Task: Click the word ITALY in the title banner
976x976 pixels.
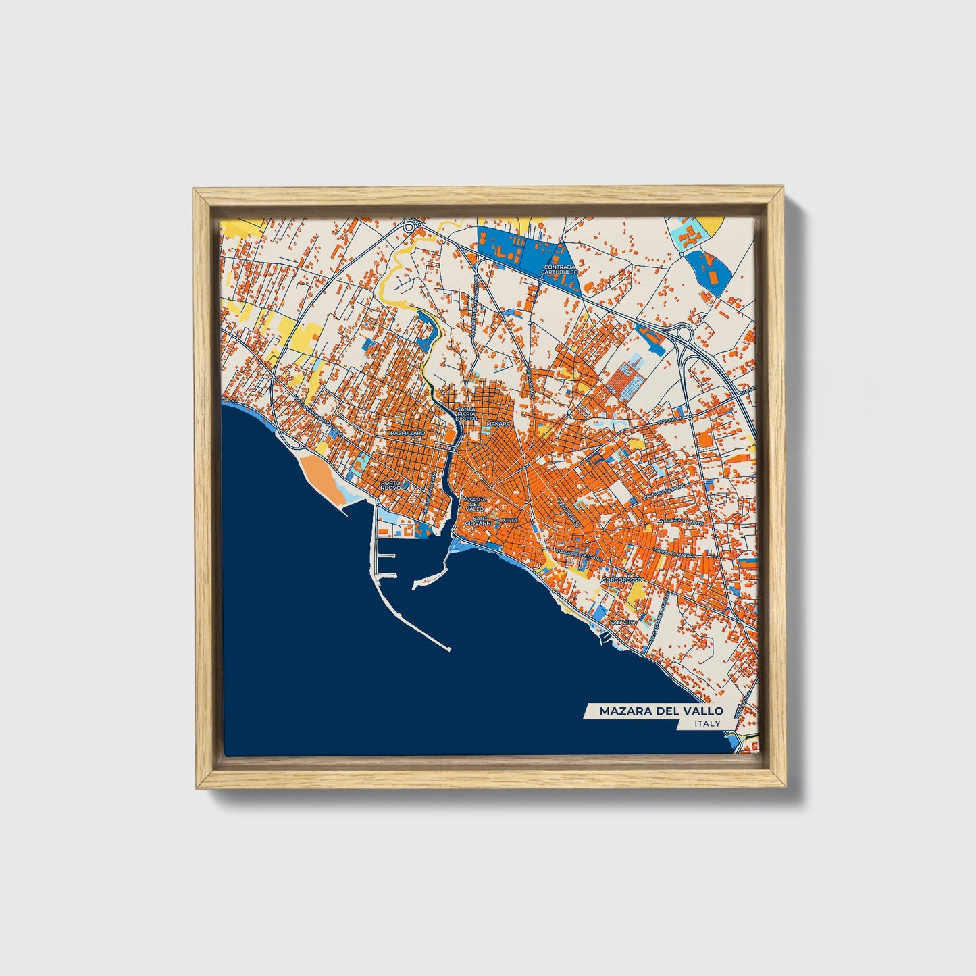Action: coord(707,723)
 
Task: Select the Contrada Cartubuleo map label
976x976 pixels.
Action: coord(560,269)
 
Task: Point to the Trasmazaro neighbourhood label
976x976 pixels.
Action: coord(406,432)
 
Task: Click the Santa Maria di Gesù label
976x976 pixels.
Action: coord(467,414)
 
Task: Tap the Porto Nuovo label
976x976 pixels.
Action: coord(391,485)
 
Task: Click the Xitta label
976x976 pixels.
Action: coord(510,520)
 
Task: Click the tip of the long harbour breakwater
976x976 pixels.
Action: coord(449,650)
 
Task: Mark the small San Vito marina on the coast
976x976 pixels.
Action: coord(605,636)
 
